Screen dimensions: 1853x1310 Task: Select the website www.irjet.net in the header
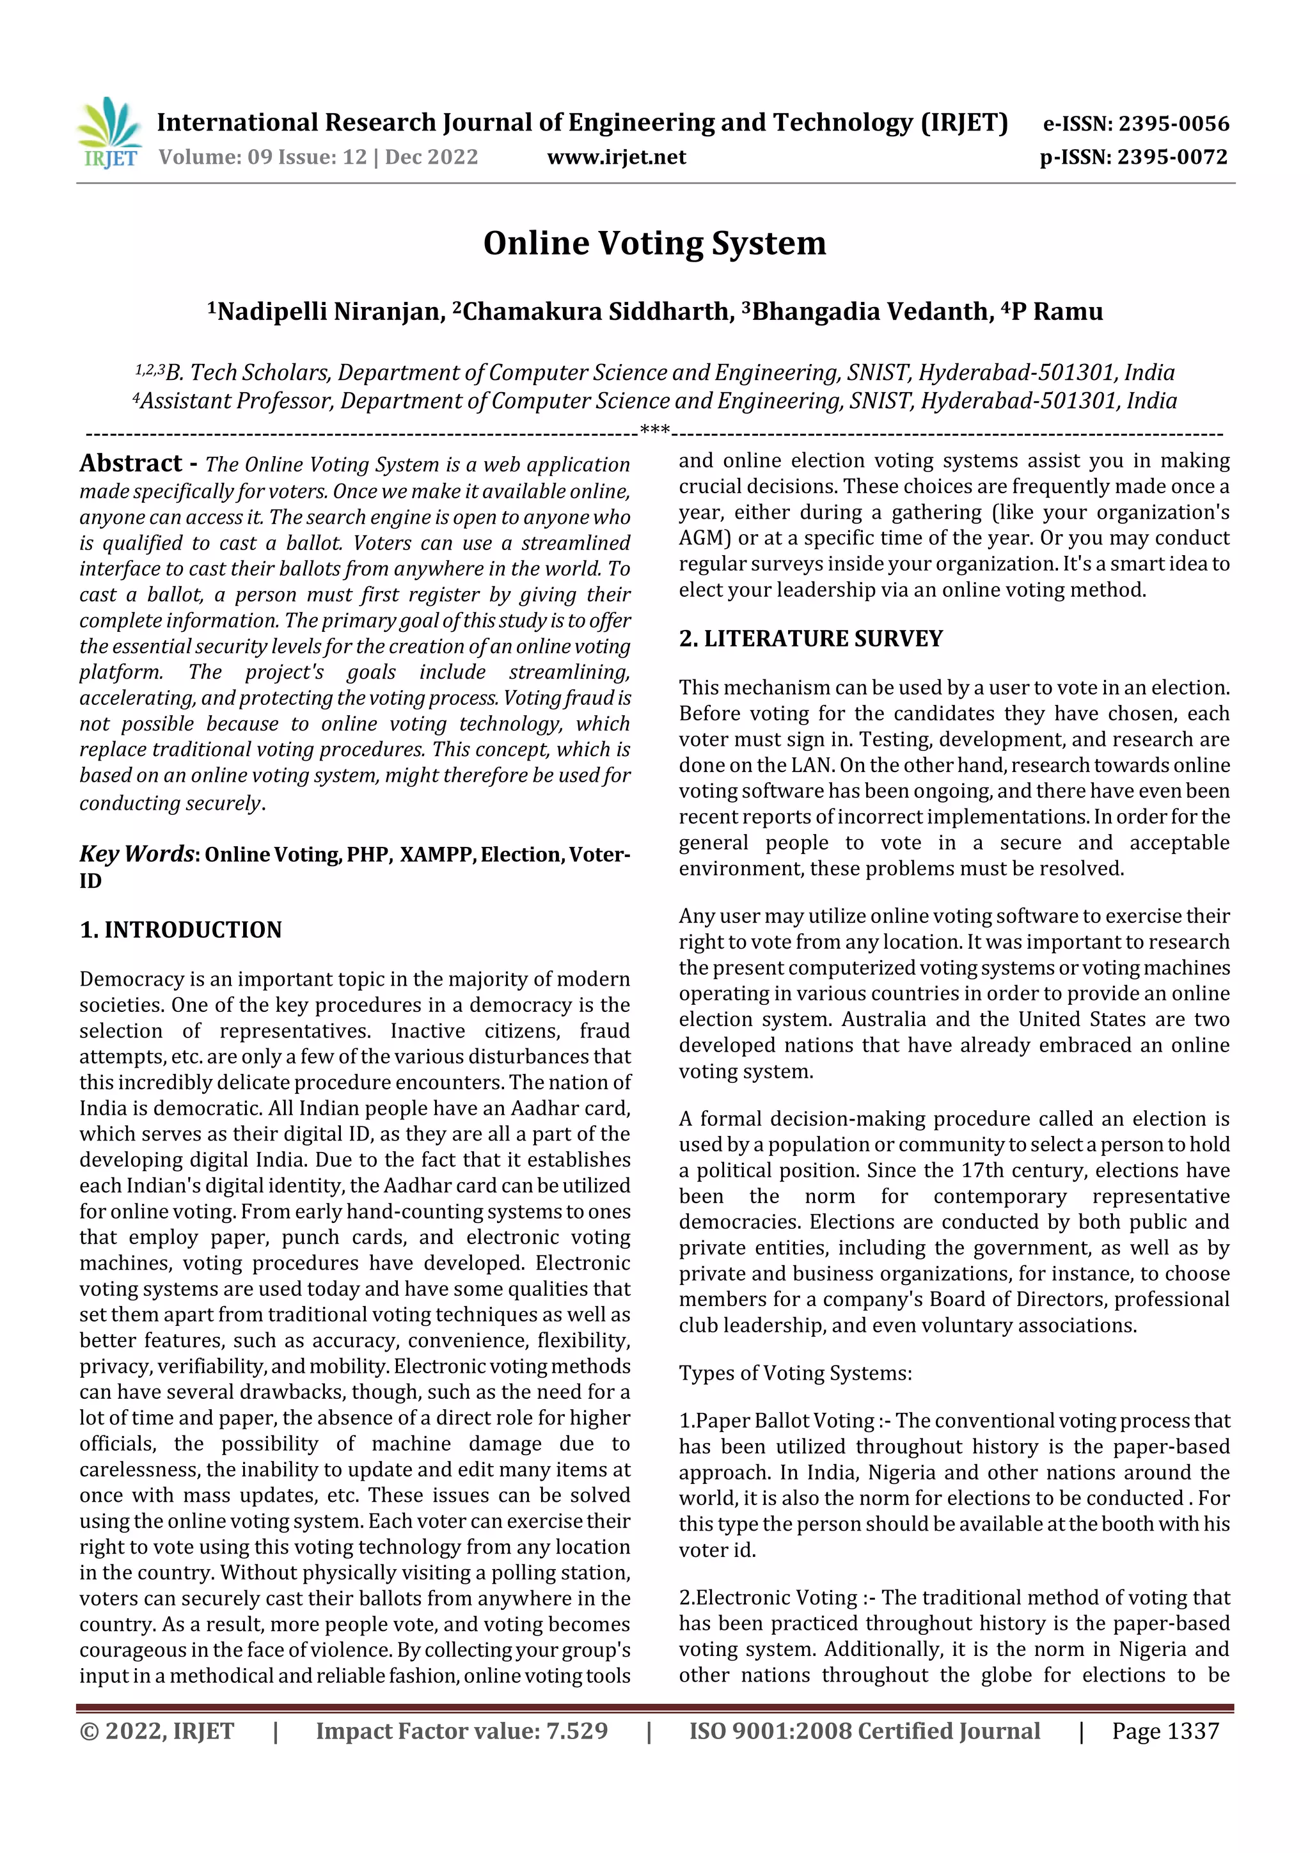click(x=616, y=157)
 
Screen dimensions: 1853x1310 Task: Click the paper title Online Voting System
click(x=654, y=243)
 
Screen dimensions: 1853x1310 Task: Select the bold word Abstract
click(x=130, y=462)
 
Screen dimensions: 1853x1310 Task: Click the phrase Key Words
click(x=136, y=854)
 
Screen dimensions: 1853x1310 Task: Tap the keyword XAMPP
click(x=436, y=855)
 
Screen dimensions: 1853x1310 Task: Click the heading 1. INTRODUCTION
click(x=181, y=930)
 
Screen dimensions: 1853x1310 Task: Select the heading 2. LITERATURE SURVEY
click(x=810, y=638)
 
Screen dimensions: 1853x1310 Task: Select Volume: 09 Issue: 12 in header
click(x=262, y=157)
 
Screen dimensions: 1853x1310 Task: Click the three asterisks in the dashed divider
click(x=654, y=431)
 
